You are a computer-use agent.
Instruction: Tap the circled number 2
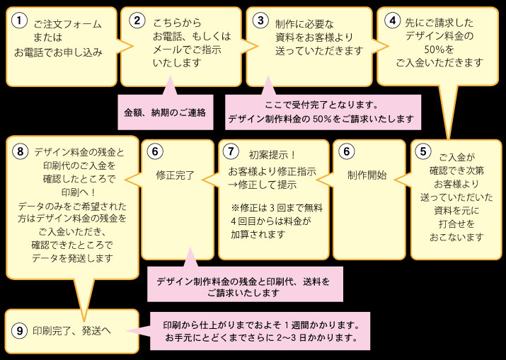coord(137,21)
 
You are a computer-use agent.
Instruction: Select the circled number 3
coord(262,21)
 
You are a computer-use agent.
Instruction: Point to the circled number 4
coord(392,21)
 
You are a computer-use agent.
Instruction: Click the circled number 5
coord(423,151)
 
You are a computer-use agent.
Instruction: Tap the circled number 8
coord(20,151)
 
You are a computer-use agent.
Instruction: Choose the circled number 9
coord(20,330)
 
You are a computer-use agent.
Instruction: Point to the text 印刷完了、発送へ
coord(72,330)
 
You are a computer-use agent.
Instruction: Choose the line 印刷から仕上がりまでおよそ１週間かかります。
coord(263,325)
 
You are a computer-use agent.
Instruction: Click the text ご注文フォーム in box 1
coord(68,24)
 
